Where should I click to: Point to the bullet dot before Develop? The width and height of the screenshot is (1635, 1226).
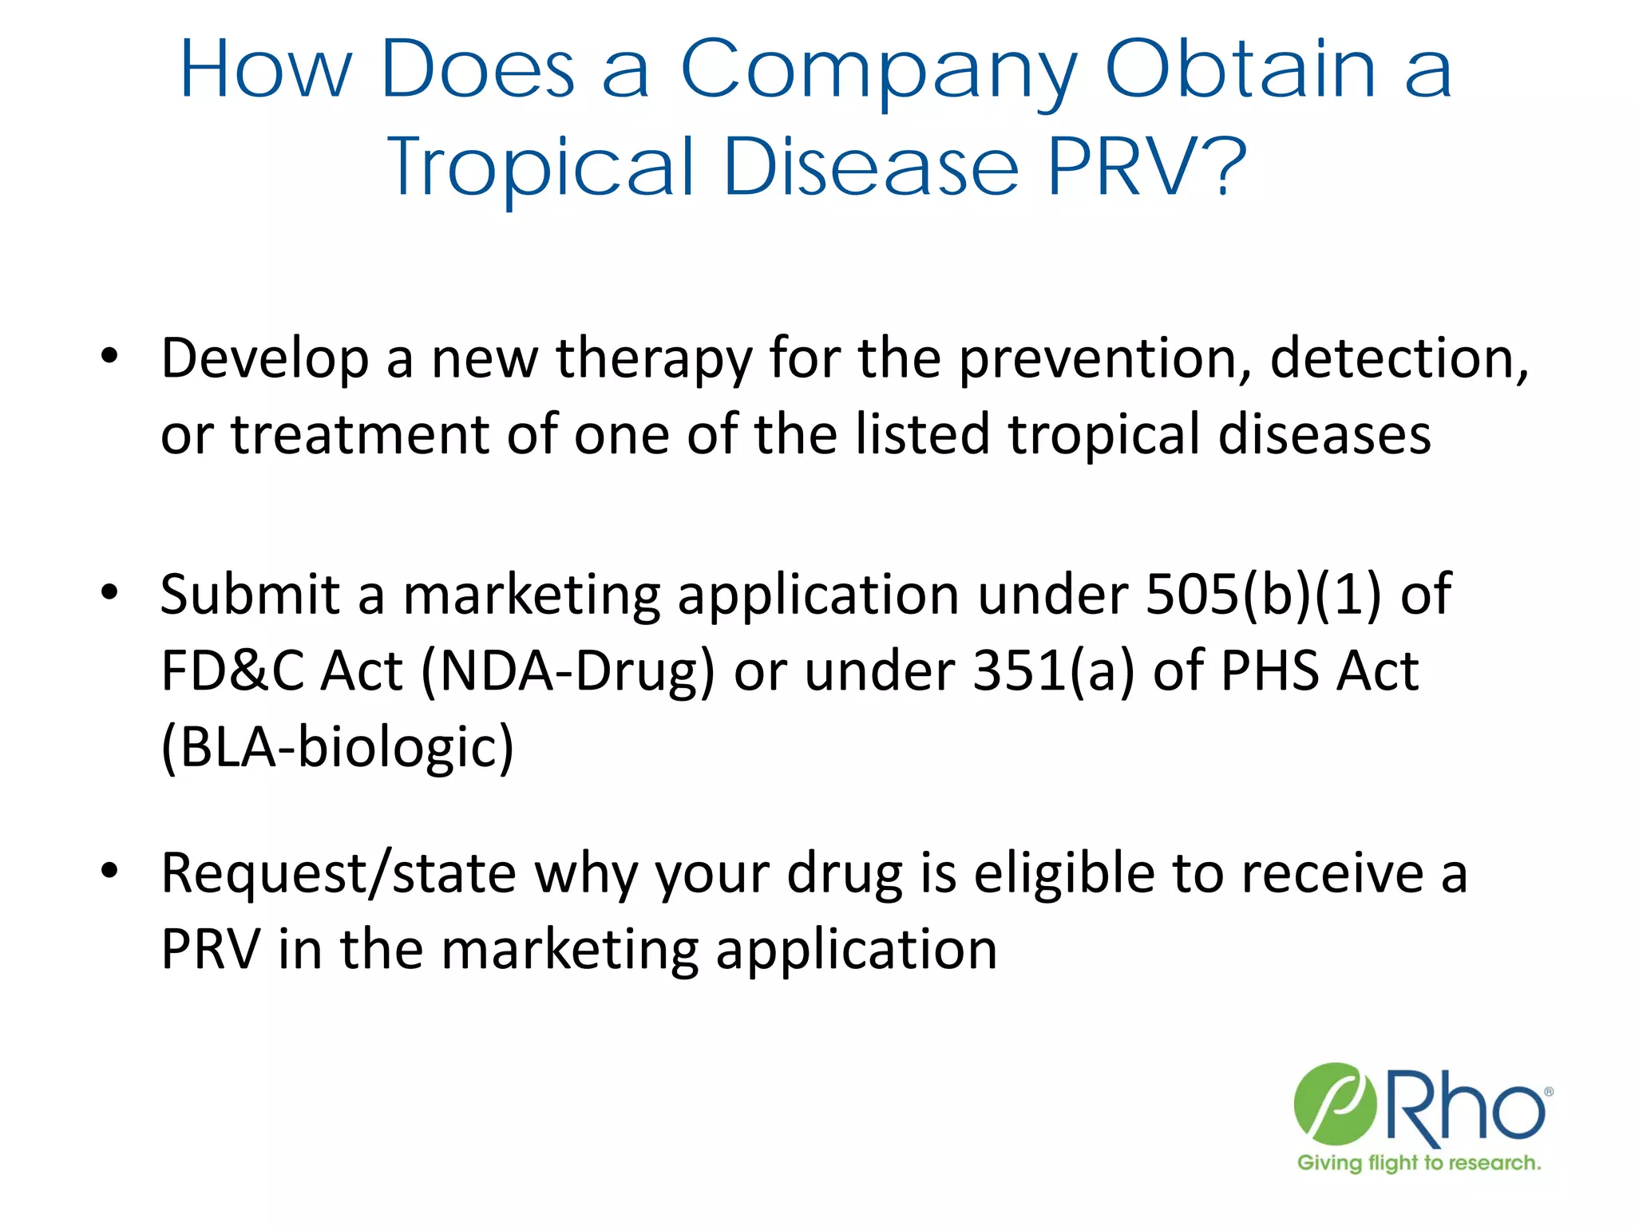(109, 355)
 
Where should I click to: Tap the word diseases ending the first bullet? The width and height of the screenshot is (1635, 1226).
(1324, 435)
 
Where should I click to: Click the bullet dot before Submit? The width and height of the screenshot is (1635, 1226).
(109, 592)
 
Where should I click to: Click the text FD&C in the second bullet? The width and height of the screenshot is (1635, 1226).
(232, 670)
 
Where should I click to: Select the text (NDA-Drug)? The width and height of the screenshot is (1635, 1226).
(568, 672)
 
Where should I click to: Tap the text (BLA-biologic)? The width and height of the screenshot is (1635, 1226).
(338, 748)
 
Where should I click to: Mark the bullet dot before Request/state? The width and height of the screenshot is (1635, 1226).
(109, 870)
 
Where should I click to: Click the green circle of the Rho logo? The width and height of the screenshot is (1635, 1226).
(1335, 1102)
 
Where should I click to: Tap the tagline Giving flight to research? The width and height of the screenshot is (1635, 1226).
(1419, 1163)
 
